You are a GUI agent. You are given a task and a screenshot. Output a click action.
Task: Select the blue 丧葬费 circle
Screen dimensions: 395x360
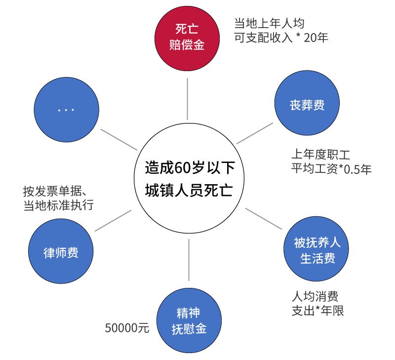point(307,104)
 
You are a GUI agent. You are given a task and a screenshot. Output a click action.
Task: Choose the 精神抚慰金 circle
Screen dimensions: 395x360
point(189,320)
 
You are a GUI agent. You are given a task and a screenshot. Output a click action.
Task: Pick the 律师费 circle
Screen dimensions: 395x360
point(61,252)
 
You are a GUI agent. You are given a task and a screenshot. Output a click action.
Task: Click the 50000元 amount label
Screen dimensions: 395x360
point(127,327)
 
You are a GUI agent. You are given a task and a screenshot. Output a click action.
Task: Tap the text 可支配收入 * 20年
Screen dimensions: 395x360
point(281,37)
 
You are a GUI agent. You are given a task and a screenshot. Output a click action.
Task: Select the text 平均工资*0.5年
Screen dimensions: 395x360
point(331,169)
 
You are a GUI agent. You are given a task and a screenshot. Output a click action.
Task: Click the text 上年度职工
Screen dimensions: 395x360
point(320,154)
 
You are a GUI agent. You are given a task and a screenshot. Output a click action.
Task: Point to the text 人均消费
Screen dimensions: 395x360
point(315,296)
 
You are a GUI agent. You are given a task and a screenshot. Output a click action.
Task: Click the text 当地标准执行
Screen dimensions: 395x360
point(58,205)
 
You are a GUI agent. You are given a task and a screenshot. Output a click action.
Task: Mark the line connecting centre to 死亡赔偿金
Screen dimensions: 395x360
point(188,99)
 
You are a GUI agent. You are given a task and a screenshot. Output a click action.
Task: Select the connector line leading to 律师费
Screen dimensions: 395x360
point(113,220)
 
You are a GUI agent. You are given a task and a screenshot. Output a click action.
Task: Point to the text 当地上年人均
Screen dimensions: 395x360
point(269,23)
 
